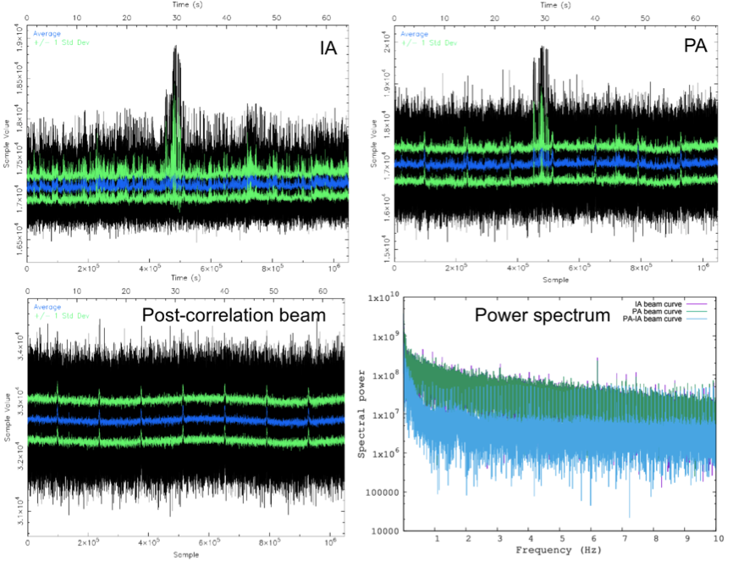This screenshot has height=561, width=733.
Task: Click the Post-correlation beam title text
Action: pos(235,316)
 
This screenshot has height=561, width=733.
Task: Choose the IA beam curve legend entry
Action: pos(657,302)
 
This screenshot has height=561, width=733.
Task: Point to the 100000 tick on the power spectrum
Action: pos(384,492)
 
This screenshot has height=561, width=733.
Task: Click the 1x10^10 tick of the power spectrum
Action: pos(385,297)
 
